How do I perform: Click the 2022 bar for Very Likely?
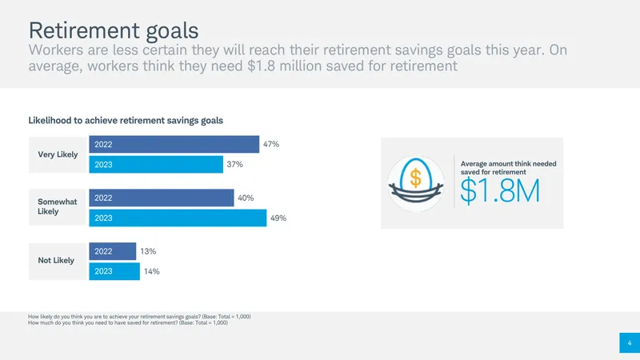click(x=174, y=144)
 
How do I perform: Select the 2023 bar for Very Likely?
click(x=156, y=165)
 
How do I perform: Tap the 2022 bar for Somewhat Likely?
click(x=162, y=198)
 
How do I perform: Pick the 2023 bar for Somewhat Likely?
click(x=178, y=218)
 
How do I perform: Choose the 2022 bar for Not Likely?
click(x=113, y=251)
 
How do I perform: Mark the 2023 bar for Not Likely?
click(x=114, y=271)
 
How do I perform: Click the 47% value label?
click(x=271, y=144)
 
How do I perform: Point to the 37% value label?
click(x=234, y=165)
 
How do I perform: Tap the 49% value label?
click(x=278, y=218)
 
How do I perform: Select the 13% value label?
click(x=148, y=251)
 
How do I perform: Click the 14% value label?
click(x=152, y=271)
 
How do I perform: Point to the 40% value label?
click(x=246, y=198)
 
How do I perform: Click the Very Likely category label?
click(x=58, y=154)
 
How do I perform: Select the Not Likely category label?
click(x=56, y=261)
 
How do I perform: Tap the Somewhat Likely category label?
click(x=57, y=206)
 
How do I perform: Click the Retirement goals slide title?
click(x=114, y=30)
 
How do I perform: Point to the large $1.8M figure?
click(x=500, y=190)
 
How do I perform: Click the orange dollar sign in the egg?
click(x=415, y=178)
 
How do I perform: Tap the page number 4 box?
click(x=630, y=343)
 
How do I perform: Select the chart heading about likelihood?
click(x=126, y=121)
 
